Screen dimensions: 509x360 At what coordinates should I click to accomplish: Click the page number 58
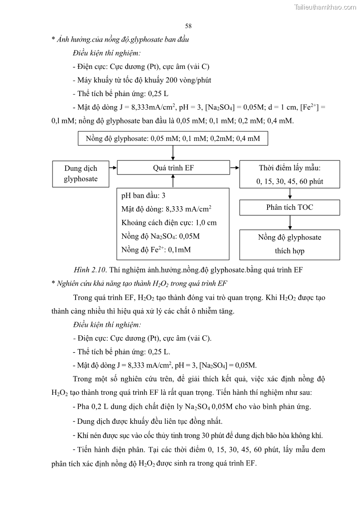point(188,26)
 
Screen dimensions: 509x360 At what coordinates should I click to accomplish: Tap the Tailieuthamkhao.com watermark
point(325,7)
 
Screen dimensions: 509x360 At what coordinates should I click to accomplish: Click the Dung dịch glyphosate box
point(81,173)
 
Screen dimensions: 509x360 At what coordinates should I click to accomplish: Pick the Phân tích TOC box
point(289,207)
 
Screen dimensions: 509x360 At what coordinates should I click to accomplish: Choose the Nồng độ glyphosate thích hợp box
point(289,244)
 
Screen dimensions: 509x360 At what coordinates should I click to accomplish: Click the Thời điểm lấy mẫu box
point(289,175)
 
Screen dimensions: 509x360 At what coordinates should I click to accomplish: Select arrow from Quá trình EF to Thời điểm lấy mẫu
point(234,168)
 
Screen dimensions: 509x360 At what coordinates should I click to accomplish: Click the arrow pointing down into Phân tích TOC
point(289,194)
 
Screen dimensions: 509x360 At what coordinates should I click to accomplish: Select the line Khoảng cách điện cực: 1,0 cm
point(169,223)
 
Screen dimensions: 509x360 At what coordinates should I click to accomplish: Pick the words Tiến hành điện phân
point(105,450)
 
